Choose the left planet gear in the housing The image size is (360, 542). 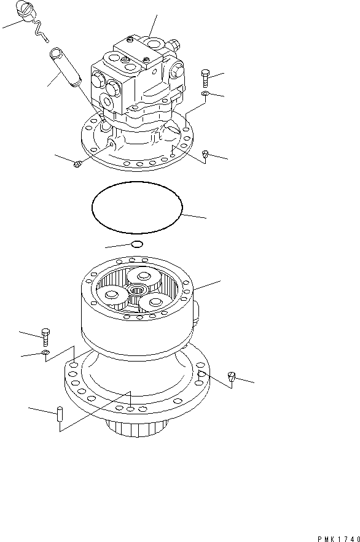(x=115, y=297)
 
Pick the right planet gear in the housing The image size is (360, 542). (x=153, y=301)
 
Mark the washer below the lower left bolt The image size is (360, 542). (x=45, y=354)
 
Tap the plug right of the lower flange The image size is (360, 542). (x=232, y=377)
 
